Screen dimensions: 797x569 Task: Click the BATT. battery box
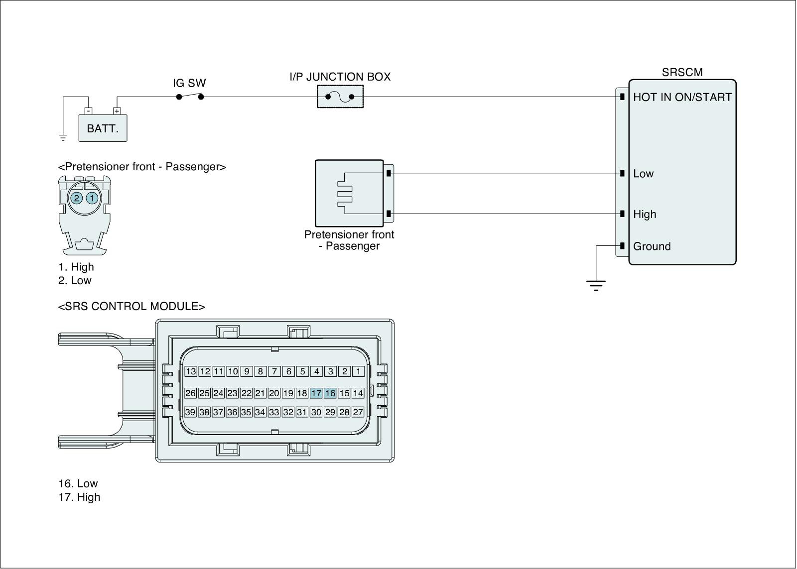pos(103,128)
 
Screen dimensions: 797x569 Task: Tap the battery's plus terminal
pos(117,111)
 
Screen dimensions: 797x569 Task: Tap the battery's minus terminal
pos(89,111)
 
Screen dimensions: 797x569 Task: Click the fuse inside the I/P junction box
pos(340,97)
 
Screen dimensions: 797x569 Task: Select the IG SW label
pos(189,83)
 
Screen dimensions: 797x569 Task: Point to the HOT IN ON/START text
pos(682,97)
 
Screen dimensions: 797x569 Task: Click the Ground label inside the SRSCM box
pos(652,246)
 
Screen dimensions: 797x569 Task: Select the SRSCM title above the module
pos(682,72)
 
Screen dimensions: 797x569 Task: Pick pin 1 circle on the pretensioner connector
pos(92,198)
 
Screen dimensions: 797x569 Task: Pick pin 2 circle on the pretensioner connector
pos(77,198)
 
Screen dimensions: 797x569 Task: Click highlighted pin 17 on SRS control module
pos(316,393)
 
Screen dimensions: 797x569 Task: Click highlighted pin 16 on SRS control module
pos(330,393)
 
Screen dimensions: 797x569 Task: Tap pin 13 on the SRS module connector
pos(191,371)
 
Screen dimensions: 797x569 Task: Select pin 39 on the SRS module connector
pos(190,412)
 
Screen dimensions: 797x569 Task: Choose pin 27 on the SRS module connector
pos(358,412)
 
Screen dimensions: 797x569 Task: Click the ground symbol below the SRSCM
pos(596,286)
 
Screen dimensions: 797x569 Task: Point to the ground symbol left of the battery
pos(63,138)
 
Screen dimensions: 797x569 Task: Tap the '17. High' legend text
pos(79,497)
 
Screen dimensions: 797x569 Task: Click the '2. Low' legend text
pos(75,280)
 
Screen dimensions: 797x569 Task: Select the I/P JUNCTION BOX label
pos(340,77)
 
